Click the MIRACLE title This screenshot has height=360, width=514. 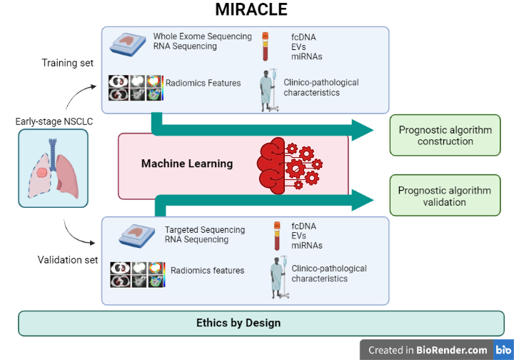(251, 9)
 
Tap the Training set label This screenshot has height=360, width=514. (68, 63)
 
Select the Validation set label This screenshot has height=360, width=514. (68, 260)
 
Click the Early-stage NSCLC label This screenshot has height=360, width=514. (54, 121)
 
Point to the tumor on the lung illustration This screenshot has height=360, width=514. (42, 172)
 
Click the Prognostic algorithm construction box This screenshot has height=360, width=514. (445, 136)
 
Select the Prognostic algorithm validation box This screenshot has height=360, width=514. (445, 196)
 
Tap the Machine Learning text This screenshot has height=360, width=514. (187, 164)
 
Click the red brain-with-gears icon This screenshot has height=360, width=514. (289, 166)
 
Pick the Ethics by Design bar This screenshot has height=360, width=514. (261, 324)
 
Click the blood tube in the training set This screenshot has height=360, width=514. (265, 46)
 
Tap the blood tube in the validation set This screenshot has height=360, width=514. (277, 236)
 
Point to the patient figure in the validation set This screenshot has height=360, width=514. (280, 277)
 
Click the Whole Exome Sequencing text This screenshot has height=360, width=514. (202, 36)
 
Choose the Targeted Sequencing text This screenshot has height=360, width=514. (205, 230)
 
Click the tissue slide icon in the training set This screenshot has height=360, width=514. (128, 44)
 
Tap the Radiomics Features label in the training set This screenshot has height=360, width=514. (203, 83)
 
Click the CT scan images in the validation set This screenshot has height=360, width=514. (138, 275)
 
